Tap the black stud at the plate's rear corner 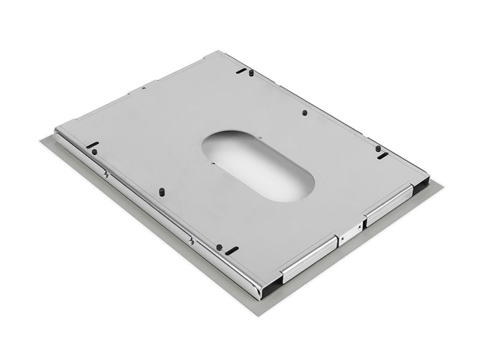pos(251,72)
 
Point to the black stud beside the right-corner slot pos(378,148)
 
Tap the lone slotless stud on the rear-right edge pos(305,112)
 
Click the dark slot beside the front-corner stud pos(232,249)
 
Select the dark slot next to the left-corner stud pos(94,144)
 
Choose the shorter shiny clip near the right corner pos(388,205)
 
